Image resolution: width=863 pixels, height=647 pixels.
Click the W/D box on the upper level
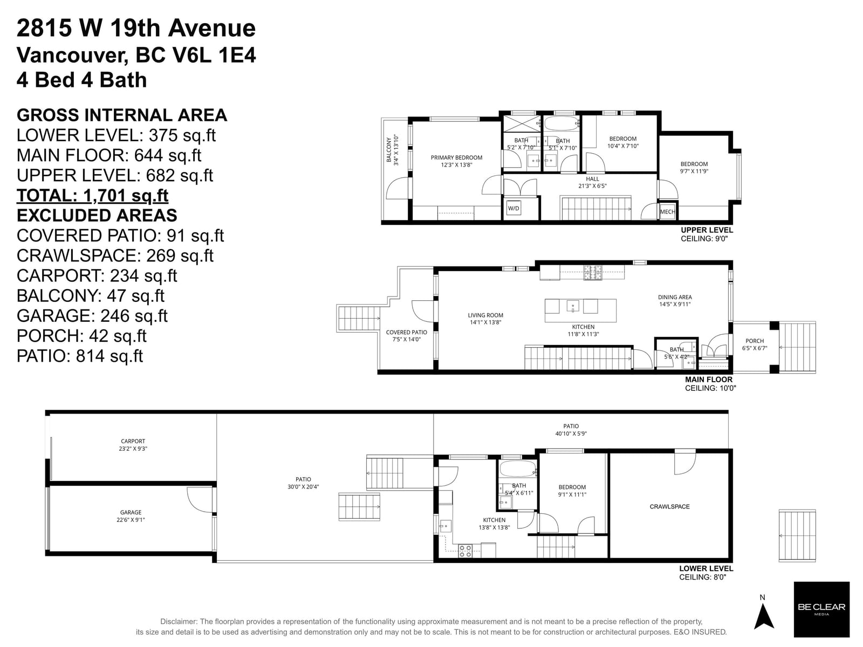[x=513, y=208]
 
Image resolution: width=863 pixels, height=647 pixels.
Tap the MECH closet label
[x=667, y=212]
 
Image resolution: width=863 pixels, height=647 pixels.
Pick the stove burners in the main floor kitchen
[x=593, y=272]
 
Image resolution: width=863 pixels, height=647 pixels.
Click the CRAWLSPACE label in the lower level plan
[x=669, y=507]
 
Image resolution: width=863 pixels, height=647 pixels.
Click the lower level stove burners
[x=465, y=550]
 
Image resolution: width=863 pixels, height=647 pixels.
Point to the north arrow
[x=763, y=615]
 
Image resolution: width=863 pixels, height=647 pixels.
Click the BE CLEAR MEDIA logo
[x=821, y=609]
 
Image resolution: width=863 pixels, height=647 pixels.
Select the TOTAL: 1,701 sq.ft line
[x=92, y=195]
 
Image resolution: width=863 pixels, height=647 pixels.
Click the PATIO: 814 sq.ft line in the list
[x=80, y=356]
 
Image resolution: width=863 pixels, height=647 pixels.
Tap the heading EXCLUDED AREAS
[x=97, y=215]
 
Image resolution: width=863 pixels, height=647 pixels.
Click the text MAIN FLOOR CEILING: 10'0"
[x=709, y=383]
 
